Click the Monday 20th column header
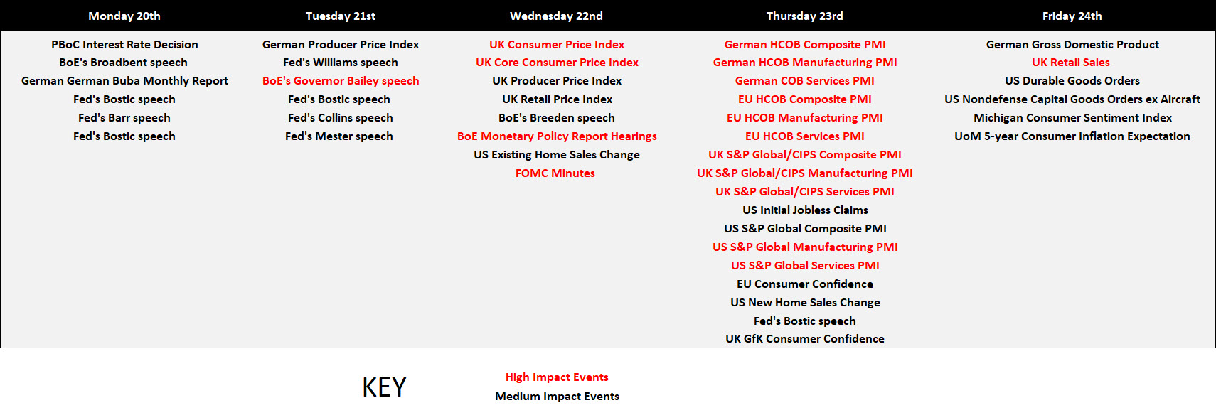124,16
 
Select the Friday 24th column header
1072,16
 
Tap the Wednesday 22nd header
556,16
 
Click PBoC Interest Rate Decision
125,45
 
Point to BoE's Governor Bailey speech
341,81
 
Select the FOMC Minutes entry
555,173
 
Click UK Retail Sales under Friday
1071,63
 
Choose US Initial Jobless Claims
806,210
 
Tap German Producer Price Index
341,45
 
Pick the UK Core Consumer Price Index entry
557,63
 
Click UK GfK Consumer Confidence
805,338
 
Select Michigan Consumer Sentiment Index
1072,118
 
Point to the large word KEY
384,387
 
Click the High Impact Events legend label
557,377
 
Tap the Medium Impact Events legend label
557,396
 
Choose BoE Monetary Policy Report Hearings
557,136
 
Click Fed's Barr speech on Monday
124,118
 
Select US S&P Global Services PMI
805,265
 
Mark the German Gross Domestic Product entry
1072,45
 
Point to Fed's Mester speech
339,136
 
